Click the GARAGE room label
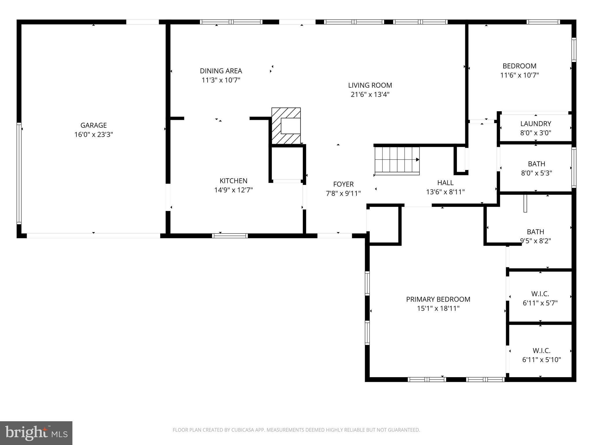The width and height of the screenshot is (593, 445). click(x=94, y=125)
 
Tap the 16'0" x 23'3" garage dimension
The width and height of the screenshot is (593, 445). click(x=94, y=134)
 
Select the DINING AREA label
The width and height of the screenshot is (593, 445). click(x=221, y=71)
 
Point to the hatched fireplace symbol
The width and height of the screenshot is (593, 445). click(x=286, y=126)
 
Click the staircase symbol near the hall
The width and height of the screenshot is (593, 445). click(x=397, y=161)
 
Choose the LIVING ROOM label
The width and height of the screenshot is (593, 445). click(x=370, y=85)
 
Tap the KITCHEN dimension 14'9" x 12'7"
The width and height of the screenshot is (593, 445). click(x=233, y=190)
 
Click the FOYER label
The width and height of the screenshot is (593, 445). click(x=343, y=184)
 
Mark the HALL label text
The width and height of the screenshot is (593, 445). click(x=445, y=183)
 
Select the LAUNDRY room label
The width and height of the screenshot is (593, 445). click(x=535, y=124)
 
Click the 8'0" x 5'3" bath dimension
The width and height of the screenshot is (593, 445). click(x=536, y=173)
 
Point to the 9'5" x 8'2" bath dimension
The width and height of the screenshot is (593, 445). click(x=535, y=241)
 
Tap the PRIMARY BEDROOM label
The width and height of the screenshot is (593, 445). click(x=438, y=299)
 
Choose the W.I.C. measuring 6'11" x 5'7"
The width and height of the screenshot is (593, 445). click(x=540, y=298)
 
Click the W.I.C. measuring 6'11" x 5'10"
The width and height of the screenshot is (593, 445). click(x=541, y=355)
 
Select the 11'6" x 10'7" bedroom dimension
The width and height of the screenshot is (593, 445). click(x=519, y=75)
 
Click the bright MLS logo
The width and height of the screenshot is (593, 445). click(x=36, y=433)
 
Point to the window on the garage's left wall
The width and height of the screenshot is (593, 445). click(x=19, y=173)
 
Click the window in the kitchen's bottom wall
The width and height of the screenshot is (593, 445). click(x=230, y=236)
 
